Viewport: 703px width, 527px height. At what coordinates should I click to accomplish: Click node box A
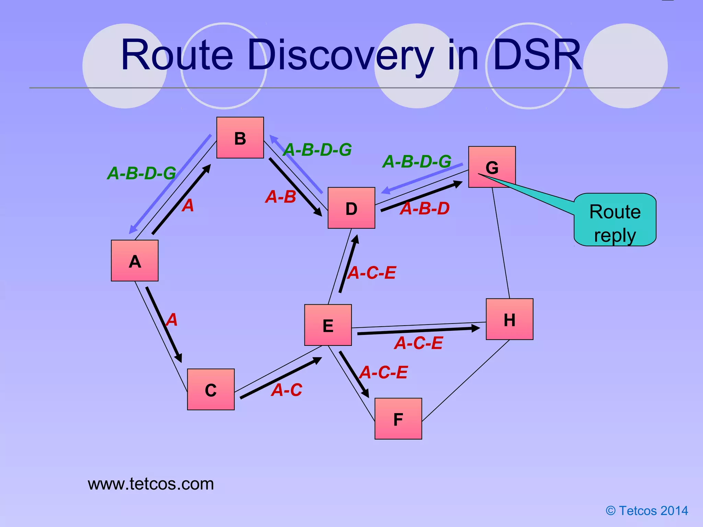tap(135, 260)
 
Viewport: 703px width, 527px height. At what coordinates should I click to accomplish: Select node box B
tap(240, 138)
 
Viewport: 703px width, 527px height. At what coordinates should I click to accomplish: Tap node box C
tap(211, 389)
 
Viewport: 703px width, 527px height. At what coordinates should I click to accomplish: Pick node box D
tap(351, 208)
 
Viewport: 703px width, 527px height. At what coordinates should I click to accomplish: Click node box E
tap(328, 325)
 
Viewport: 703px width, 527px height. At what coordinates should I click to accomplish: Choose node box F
tap(398, 419)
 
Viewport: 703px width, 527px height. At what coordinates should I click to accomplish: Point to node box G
tap(492, 167)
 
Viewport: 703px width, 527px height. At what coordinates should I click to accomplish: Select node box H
tap(509, 319)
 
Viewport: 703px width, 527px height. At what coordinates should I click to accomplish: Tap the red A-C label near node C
tap(287, 390)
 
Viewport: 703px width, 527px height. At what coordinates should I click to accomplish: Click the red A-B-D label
tap(425, 209)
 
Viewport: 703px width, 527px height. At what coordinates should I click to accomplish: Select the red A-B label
tap(280, 197)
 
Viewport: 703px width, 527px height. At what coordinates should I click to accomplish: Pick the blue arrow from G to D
tap(422, 178)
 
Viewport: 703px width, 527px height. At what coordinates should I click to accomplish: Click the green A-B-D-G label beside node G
tap(417, 162)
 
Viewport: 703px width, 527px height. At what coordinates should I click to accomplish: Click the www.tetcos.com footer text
tap(151, 484)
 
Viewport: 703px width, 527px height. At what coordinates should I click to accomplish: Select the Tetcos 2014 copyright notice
tap(647, 511)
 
